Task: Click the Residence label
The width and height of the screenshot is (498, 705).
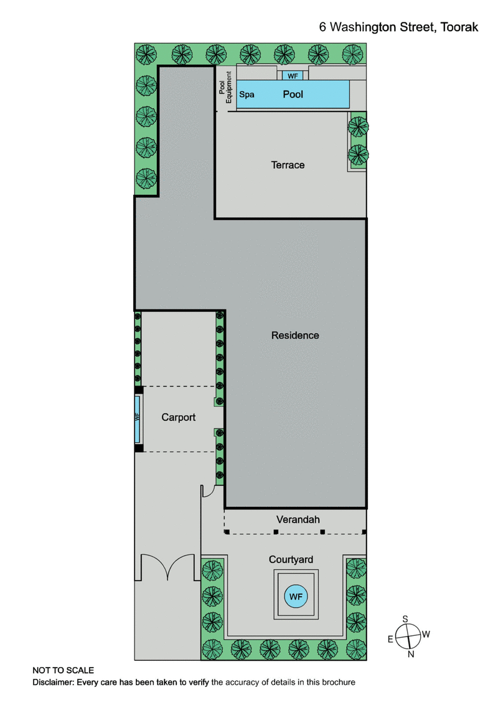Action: pos(295,336)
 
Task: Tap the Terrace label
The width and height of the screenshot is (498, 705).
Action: pos(288,165)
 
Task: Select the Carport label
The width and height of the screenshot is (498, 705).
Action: pos(179,417)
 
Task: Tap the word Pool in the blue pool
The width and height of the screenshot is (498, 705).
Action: pos(293,95)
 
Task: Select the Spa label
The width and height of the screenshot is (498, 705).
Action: pos(248,95)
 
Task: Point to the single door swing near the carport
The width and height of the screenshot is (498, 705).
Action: pos(208,492)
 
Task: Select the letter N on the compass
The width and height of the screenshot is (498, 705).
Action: pos(411,654)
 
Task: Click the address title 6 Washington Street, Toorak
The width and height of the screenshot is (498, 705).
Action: pos(399,27)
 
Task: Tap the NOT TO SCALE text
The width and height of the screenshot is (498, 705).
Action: pos(63,670)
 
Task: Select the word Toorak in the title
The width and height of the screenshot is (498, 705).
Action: pos(462,27)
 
